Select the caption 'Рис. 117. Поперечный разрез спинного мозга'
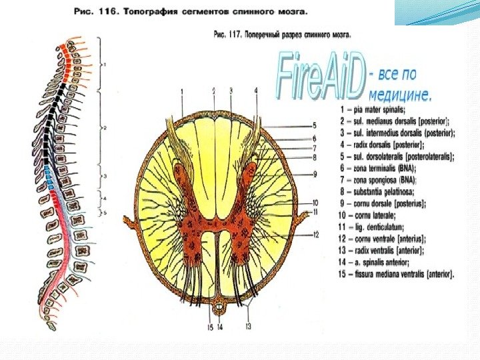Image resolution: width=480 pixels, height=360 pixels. pyautogui.click(x=281, y=33)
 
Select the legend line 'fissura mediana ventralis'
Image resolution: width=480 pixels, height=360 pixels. pyautogui.click(x=397, y=274)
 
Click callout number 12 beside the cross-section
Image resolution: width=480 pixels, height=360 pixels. pyautogui.click(x=316, y=234)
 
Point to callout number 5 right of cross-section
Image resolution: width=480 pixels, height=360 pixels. pyautogui.click(x=314, y=125)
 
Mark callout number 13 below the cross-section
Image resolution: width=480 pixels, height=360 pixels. pyautogui.click(x=248, y=326)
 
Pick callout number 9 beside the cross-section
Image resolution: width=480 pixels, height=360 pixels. pyautogui.click(x=314, y=174)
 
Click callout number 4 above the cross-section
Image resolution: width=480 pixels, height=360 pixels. pyautogui.click(x=256, y=90)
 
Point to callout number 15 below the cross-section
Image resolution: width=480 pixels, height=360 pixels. pyautogui.click(x=209, y=327)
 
